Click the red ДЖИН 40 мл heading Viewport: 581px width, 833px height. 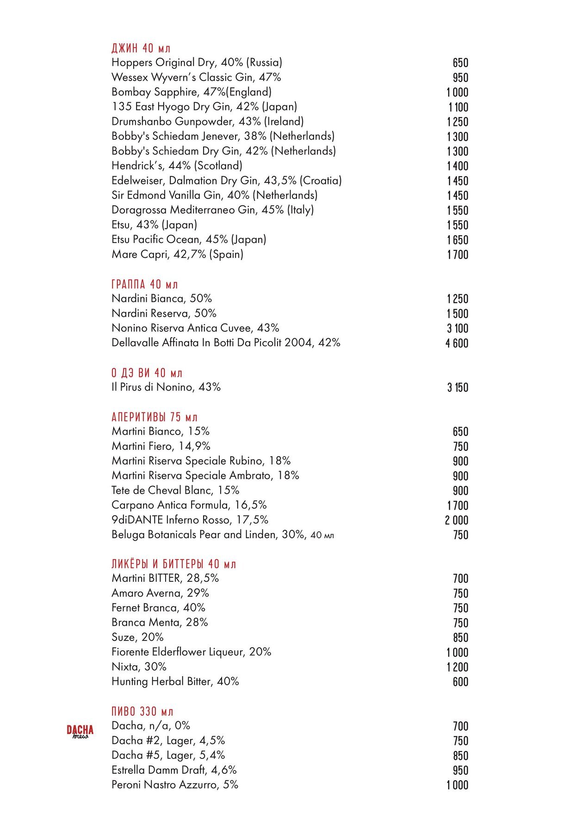[141, 48]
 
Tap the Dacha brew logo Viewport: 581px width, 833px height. [80, 732]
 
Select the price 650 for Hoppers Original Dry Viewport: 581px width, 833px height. [460, 63]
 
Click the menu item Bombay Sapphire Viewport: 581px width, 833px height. [192, 92]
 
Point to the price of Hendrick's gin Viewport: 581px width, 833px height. [457, 166]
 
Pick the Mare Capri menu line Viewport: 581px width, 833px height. [177, 255]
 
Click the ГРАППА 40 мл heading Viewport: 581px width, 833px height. [145, 284]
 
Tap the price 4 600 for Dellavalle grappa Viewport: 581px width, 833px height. [457, 343]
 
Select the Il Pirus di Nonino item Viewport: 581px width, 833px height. [166, 387]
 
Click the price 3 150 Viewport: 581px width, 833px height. [457, 388]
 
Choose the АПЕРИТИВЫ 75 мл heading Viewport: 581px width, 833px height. [155, 417]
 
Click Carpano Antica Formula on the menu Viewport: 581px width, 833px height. [189, 505]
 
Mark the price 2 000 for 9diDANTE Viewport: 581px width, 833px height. [457, 521]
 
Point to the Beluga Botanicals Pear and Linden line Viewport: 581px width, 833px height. [223, 535]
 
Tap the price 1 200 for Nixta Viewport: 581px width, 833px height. [457, 667]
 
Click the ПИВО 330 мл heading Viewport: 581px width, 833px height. [142, 711]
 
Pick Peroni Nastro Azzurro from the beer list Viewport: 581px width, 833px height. [175, 785]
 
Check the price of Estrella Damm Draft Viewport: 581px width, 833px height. [460, 771]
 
